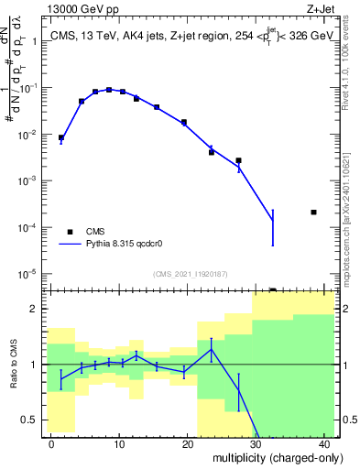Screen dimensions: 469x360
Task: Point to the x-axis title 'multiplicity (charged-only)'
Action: [x=266, y=459]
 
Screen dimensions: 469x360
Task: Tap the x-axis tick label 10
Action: [x=119, y=442]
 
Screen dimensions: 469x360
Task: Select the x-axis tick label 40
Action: [x=325, y=442]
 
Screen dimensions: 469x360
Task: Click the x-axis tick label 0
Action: [x=51, y=442]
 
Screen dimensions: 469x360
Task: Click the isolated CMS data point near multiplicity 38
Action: [x=314, y=213]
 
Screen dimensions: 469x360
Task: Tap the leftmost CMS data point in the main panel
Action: [x=61, y=137]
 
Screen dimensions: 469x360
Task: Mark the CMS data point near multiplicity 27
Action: [x=238, y=160]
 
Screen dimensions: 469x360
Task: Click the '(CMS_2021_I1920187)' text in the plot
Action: [x=190, y=274]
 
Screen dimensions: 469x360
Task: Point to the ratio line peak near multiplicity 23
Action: [x=212, y=349]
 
